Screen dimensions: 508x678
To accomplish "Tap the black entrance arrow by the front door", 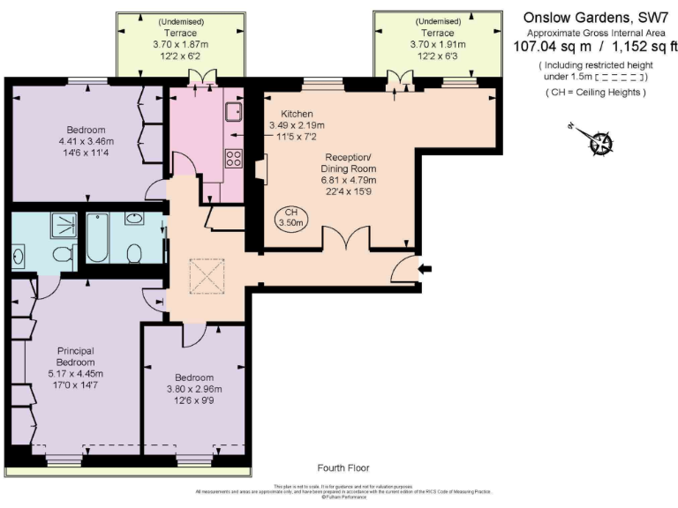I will click(x=427, y=268).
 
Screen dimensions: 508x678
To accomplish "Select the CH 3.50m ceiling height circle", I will click(x=290, y=218).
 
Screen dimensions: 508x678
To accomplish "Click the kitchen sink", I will click(x=234, y=112).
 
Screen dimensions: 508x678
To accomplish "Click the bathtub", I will click(x=96, y=238).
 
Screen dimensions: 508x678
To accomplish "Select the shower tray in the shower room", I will click(x=64, y=226).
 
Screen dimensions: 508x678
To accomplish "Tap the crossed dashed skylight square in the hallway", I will click(x=207, y=277).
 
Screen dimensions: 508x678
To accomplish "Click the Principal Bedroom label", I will click(x=75, y=356).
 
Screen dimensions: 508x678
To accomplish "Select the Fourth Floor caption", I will click(x=344, y=467).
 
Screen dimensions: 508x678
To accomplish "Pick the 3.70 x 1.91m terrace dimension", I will click(x=436, y=43).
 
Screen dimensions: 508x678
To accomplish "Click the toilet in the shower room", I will click(x=63, y=254).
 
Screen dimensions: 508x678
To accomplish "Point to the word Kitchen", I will click(x=297, y=115).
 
